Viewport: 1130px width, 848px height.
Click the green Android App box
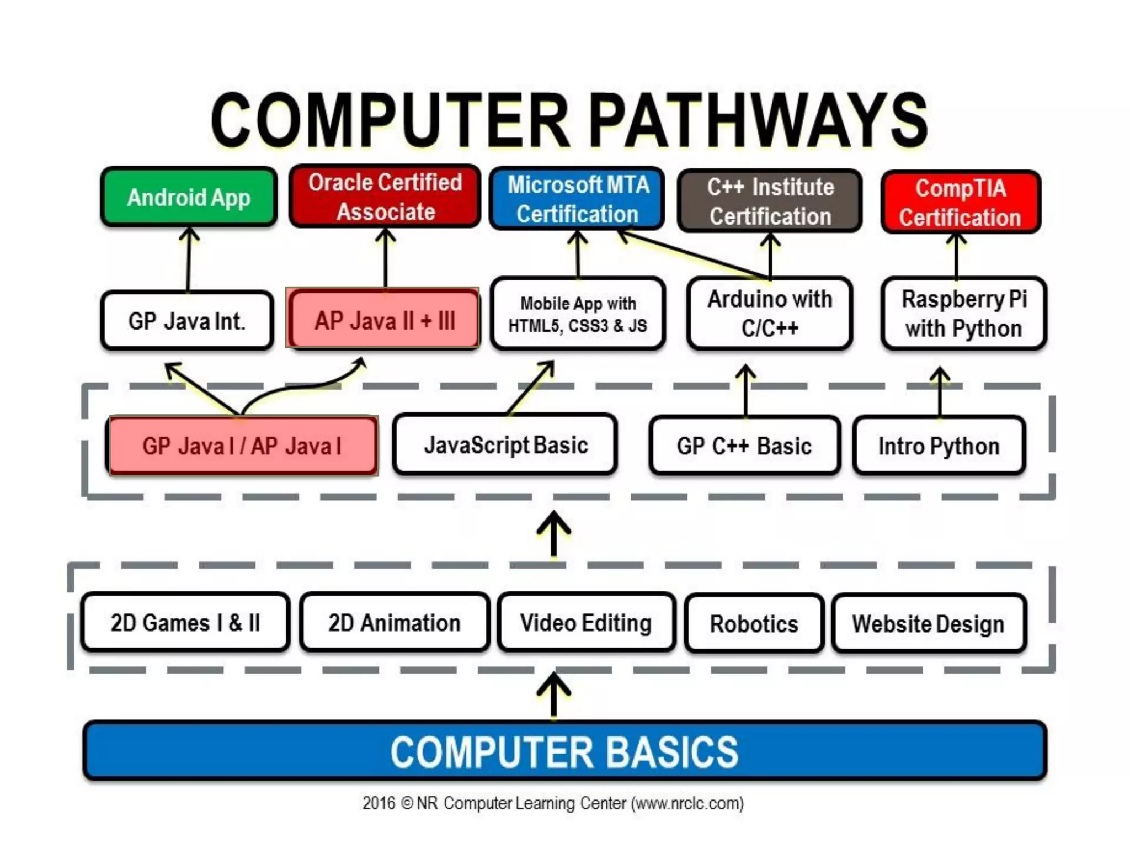[x=189, y=197]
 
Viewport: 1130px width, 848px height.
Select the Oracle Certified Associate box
[x=385, y=197]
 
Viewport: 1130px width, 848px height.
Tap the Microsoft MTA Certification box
[x=577, y=199]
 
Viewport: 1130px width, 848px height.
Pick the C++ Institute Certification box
[x=770, y=201]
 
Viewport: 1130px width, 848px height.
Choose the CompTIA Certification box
[x=961, y=202]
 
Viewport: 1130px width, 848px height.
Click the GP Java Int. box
[x=187, y=321]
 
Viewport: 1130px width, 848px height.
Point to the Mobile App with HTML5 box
[x=578, y=314]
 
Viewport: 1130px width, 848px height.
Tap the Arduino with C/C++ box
[x=770, y=314]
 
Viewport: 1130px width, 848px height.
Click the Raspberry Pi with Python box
[x=963, y=314]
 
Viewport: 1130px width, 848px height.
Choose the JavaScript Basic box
[x=505, y=445]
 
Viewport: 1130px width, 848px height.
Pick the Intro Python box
[x=939, y=446]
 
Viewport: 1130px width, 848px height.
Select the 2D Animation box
[x=395, y=623]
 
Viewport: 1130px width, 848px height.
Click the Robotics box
[x=754, y=624]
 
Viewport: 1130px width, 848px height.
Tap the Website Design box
[x=929, y=624]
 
